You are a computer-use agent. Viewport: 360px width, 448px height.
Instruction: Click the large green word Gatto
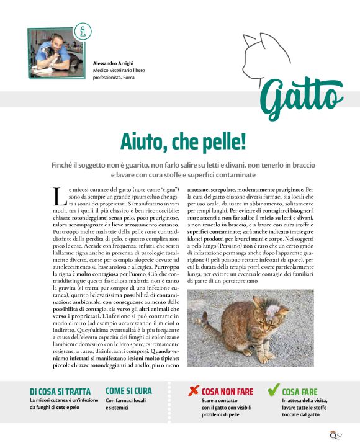[300, 99]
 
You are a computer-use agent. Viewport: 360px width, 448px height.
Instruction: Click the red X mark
[193, 390]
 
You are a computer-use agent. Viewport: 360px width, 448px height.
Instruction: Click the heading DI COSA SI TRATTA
[60, 392]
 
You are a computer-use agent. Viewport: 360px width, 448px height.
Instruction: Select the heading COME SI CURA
[128, 391]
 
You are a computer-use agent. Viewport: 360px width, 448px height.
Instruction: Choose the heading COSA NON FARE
[227, 392]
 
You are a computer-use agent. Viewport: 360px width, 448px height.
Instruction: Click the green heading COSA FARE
[300, 392]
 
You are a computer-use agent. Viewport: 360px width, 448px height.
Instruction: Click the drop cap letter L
[59, 196]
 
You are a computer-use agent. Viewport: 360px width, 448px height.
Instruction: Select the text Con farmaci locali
[126, 401]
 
